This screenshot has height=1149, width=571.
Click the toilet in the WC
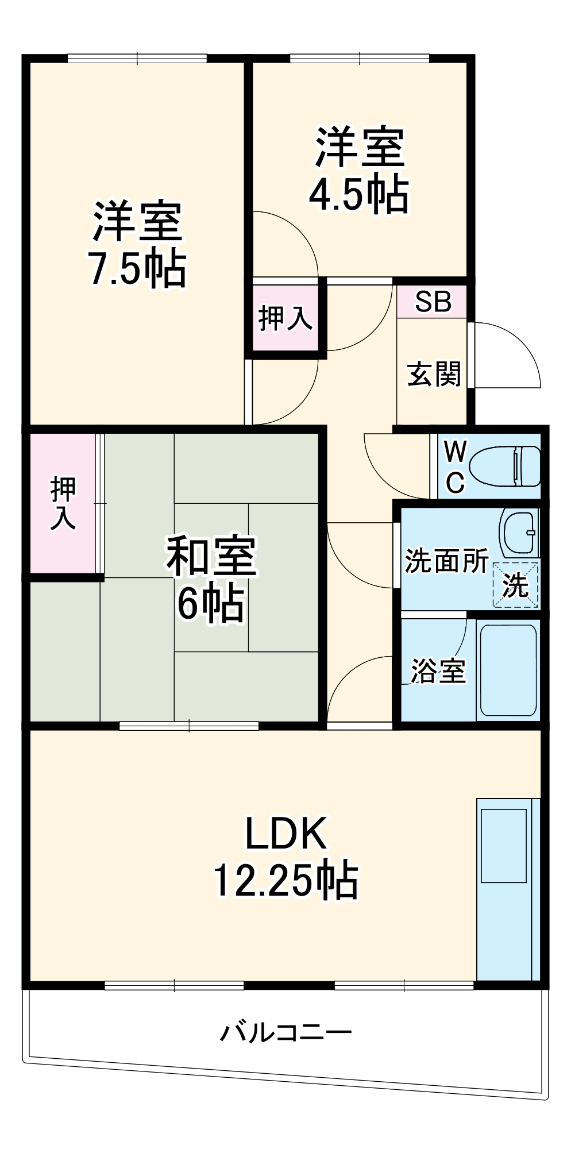click(x=504, y=465)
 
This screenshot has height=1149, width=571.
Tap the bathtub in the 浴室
click(x=508, y=670)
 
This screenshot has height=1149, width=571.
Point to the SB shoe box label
click(x=433, y=302)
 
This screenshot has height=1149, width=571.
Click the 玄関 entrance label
click(x=434, y=374)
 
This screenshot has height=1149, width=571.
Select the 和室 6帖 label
click(x=211, y=579)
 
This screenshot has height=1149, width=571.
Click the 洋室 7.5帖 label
click(x=137, y=244)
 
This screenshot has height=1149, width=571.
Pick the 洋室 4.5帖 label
click(x=359, y=171)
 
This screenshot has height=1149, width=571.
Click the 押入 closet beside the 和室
click(x=63, y=503)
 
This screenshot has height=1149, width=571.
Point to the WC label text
click(x=455, y=466)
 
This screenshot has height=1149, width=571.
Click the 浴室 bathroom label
click(x=438, y=670)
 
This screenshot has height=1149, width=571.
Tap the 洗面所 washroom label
click(x=446, y=561)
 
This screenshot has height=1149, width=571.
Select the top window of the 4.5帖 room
click(x=359, y=58)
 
